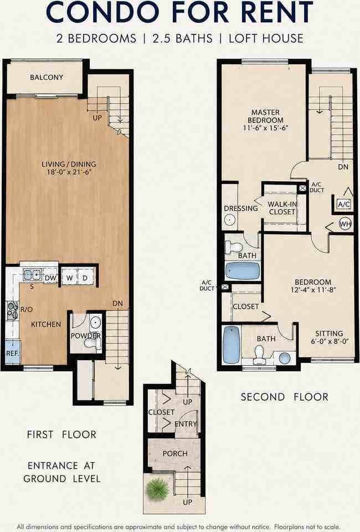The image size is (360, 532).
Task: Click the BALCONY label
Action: tap(47, 78)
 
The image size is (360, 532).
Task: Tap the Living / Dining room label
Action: tap(69, 168)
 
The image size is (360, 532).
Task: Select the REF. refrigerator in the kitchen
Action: tap(13, 352)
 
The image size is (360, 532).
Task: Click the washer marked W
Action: tap(69, 278)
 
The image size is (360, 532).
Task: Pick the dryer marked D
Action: tap(85, 278)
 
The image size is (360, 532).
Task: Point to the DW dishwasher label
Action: tap(50, 278)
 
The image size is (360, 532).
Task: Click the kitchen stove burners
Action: tap(13, 310)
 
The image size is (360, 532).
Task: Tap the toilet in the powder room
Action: tap(91, 344)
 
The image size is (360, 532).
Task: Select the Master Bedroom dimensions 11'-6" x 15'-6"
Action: tap(265, 128)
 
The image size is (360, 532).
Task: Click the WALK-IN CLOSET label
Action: tap(282, 208)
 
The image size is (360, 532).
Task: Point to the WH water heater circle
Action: tap(345, 224)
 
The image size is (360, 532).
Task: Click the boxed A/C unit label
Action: tap(344, 204)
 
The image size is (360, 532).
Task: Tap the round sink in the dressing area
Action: tap(229, 219)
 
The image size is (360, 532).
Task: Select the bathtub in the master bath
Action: tap(243, 271)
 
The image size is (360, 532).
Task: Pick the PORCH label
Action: tap(175, 454)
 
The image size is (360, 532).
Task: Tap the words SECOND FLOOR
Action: tap(285, 397)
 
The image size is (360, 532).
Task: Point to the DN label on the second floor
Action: tap(343, 167)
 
